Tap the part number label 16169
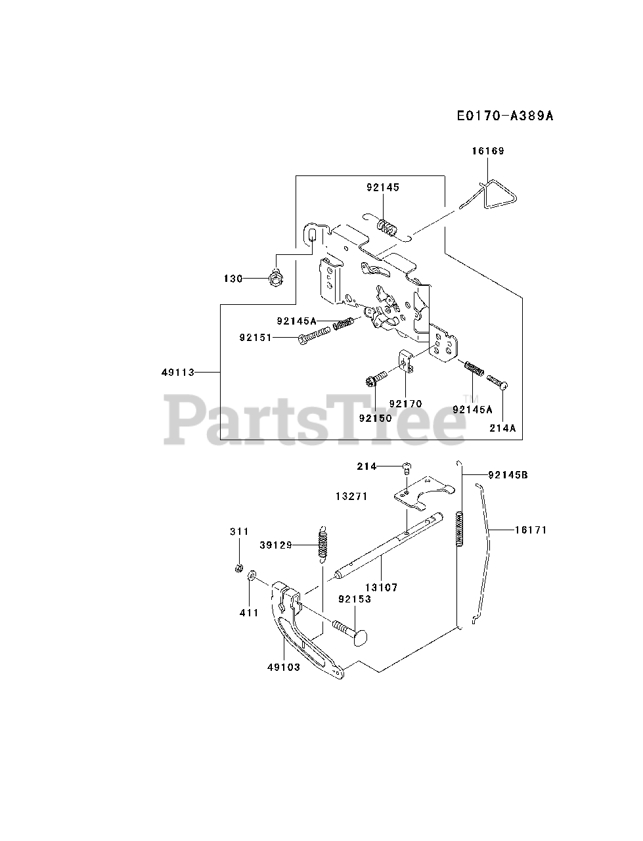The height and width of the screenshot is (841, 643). point(487,151)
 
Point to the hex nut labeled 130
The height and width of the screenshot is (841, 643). point(275,278)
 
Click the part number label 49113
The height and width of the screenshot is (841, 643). point(178,373)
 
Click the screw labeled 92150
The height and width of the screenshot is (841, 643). point(371,381)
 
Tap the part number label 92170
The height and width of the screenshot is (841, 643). point(405,403)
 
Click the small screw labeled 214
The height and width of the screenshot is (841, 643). point(406,467)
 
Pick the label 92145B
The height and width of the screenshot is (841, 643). point(508,474)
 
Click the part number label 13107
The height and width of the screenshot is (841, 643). point(381,587)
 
